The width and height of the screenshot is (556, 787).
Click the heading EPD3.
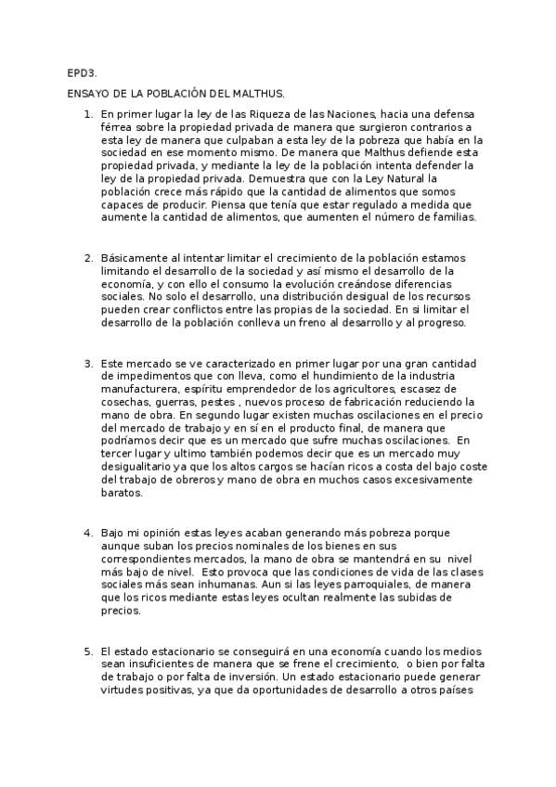click(79, 72)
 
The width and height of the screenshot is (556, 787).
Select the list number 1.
click(87, 114)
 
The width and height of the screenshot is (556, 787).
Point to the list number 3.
click(87, 363)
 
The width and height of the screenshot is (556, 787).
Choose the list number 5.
click(87, 651)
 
